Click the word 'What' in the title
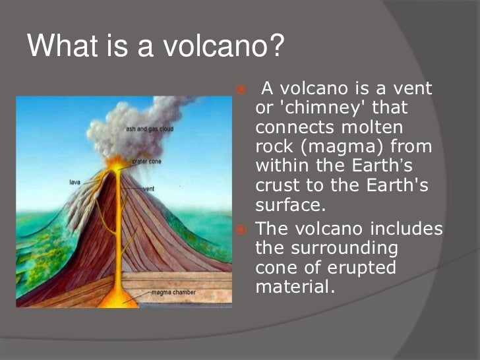(59, 47)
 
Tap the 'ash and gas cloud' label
(150, 129)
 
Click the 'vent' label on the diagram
(148, 189)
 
